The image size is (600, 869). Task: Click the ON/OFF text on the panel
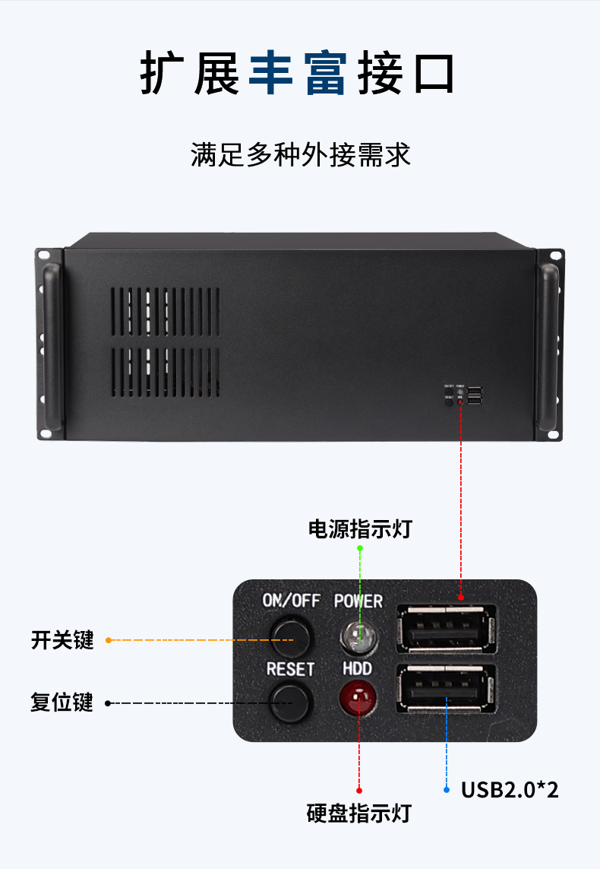pyautogui.click(x=291, y=600)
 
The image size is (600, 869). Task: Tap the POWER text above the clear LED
pyautogui.click(x=358, y=601)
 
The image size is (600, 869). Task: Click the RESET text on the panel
pyautogui.click(x=290, y=669)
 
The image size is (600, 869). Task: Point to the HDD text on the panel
pyautogui.click(x=357, y=668)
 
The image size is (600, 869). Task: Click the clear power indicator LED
pyautogui.click(x=359, y=637)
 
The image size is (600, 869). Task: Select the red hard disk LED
pyautogui.click(x=358, y=697)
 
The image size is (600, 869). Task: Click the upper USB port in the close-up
pyautogui.click(x=446, y=629)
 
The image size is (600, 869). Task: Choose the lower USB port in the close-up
pyautogui.click(x=446, y=688)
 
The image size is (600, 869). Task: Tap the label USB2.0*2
pyautogui.click(x=510, y=790)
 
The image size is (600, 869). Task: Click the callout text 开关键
pyautogui.click(x=62, y=640)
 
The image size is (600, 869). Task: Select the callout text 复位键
pyautogui.click(x=62, y=702)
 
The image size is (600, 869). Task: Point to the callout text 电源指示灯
pyautogui.click(x=360, y=528)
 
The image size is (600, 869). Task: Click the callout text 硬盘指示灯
pyautogui.click(x=359, y=813)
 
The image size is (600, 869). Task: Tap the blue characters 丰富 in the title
pyautogui.click(x=298, y=72)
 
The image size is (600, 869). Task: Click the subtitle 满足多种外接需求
pyautogui.click(x=301, y=154)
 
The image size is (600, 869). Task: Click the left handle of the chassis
pyautogui.click(x=51, y=347)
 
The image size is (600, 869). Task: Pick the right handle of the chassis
pyautogui.click(x=548, y=347)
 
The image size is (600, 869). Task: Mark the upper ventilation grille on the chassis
pyautogui.click(x=165, y=312)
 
